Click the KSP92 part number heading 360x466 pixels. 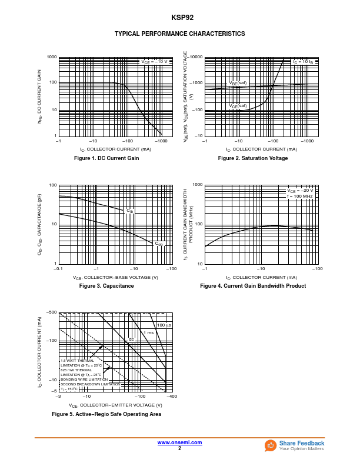179,18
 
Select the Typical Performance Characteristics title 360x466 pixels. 179,34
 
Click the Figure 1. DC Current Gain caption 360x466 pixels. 106,158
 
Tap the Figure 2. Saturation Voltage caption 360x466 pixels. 253,158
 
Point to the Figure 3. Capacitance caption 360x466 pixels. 106,286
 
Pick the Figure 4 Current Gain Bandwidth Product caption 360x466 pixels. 253,286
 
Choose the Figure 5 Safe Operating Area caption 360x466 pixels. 106,414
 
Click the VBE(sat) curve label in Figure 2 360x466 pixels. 238,83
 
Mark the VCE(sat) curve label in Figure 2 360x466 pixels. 238,106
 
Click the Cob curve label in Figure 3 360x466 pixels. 159,244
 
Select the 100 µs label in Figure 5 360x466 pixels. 164,325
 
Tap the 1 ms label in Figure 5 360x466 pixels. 149,333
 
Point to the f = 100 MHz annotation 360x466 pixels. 300,196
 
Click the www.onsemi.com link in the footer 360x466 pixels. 179,442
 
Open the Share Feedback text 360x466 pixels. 302,443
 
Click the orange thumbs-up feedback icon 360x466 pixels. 271,445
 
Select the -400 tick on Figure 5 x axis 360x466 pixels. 171,397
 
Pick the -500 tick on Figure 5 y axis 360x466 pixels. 52,312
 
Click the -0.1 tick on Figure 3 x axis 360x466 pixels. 58,269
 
